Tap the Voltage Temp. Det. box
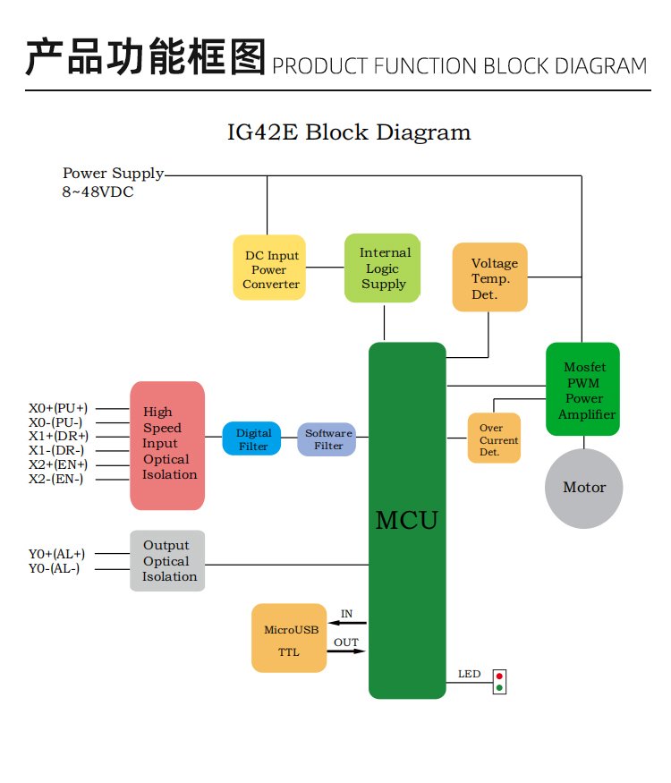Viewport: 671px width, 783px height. (489, 277)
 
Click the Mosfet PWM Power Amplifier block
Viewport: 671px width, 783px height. (582, 390)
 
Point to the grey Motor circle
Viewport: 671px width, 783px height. (583, 488)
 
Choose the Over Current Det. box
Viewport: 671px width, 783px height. (494, 438)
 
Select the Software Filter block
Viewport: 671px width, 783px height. (327, 438)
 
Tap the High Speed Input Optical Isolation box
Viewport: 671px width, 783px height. (167, 445)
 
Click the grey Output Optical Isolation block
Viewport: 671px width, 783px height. (167, 561)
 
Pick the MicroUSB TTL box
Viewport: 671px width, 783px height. (289, 639)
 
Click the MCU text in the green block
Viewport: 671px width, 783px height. (407, 520)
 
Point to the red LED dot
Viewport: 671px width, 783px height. (499, 677)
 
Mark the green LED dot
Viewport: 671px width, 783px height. (499, 688)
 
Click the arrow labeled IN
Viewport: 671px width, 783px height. (347, 623)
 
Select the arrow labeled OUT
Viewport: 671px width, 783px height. (347, 651)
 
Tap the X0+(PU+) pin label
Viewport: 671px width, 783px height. (58, 408)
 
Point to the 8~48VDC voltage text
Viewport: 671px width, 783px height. (98, 191)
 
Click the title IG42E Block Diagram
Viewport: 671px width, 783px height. (349, 132)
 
